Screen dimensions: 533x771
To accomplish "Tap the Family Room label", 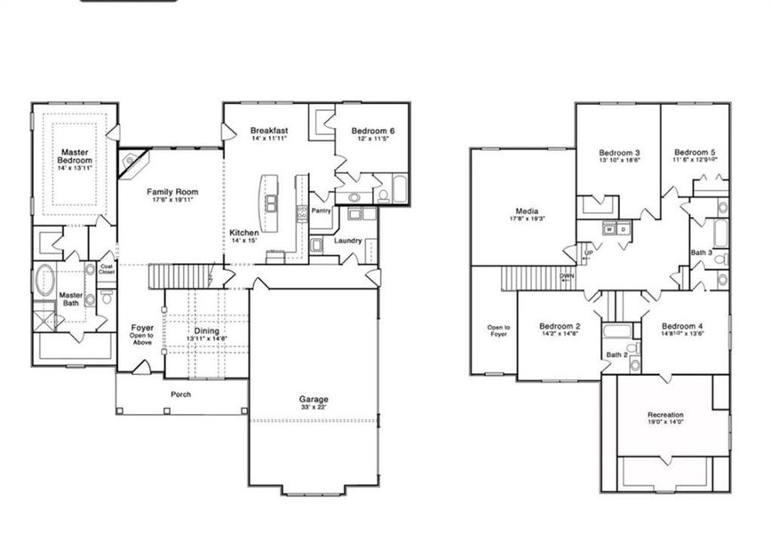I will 172,192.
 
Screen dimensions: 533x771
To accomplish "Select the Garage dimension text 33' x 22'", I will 313,410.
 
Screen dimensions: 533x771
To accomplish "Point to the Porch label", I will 181,394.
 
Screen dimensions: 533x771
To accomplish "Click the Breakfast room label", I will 268,131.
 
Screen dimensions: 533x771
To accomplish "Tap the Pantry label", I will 321,211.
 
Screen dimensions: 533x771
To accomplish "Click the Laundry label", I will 347,241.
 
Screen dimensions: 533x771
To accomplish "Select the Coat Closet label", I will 107,268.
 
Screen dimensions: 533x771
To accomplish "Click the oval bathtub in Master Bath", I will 45,278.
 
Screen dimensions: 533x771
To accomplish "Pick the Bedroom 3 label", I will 619,153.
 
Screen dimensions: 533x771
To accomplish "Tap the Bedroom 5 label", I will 695,152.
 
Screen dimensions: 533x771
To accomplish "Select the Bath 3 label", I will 701,252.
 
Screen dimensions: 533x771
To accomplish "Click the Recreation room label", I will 665,415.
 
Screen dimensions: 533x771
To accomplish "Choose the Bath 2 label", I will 617,355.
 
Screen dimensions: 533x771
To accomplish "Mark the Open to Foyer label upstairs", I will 498,330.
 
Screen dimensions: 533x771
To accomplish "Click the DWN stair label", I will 568,276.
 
